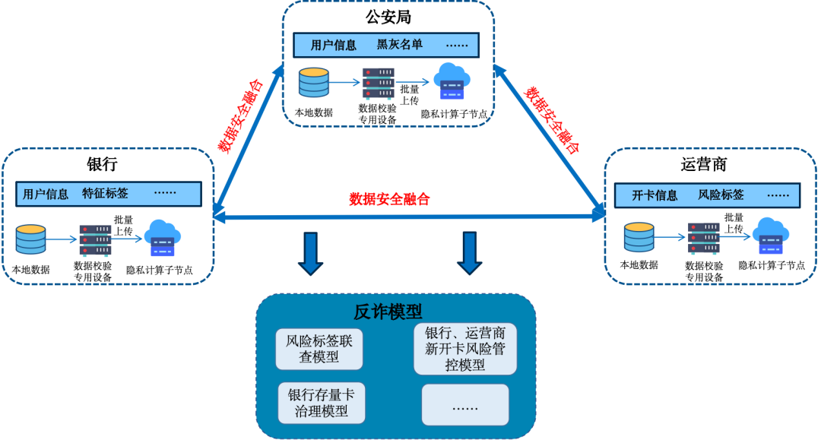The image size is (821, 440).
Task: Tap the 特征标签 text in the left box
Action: pyautogui.click(x=105, y=194)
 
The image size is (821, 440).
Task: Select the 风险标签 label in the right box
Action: pyautogui.click(x=721, y=195)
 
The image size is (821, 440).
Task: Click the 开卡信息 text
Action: pyautogui.click(x=655, y=195)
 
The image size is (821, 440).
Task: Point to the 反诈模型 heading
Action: pyautogui.click(x=388, y=312)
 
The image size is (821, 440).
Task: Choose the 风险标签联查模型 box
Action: pyautogui.click(x=319, y=349)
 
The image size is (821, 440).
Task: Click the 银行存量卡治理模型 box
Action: pyautogui.click(x=322, y=404)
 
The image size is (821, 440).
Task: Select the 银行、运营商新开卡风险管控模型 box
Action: pyautogui.click(x=465, y=348)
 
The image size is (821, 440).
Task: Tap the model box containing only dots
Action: pyautogui.click(x=465, y=405)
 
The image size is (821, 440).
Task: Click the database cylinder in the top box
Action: pyautogui.click(x=314, y=82)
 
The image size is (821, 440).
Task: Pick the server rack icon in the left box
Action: pyautogui.click(x=95, y=240)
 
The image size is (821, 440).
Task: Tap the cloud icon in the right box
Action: pyautogui.click(x=771, y=236)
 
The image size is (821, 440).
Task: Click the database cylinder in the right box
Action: pyautogui.click(x=639, y=237)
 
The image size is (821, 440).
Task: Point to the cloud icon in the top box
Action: pyautogui.click(x=452, y=81)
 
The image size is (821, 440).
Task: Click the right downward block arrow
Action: pyautogui.click(x=470, y=253)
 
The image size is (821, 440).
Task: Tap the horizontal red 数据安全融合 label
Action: pyautogui.click(x=389, y=200)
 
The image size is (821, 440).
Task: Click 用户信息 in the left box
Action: pyautogui.click(x=46, y=194)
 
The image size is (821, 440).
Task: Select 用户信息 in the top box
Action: pyautogui.click(x=333, y=45)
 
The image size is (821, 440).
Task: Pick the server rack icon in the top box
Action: pyautogui.click(x=378, y=84)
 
